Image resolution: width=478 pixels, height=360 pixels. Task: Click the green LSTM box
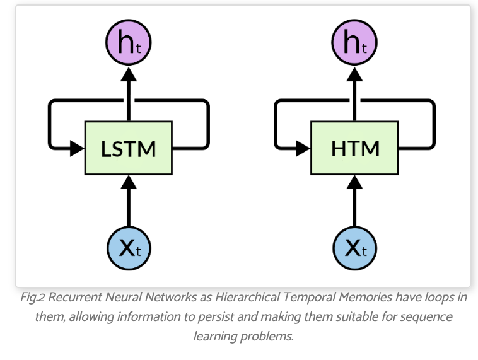click(x=129, y=149)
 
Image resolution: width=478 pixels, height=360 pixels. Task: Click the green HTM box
click(x=355, y=149)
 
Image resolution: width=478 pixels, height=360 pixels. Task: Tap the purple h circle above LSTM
click(x=129, y=44)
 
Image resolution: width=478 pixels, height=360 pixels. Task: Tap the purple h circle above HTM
click(x=355, y=44)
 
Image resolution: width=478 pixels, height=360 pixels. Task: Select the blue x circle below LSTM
click(x=129, y=248)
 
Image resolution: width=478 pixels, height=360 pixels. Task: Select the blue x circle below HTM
click(x=355, y=248)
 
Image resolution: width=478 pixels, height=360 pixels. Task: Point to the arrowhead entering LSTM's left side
click(x=77, y=149)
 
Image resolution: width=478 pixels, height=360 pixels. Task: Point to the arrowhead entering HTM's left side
click(x=303, y=149)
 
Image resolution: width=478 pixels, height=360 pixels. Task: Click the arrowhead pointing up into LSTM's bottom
click(x=129, y=183)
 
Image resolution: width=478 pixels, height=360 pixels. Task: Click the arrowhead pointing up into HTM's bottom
click(x=355, y=183)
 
